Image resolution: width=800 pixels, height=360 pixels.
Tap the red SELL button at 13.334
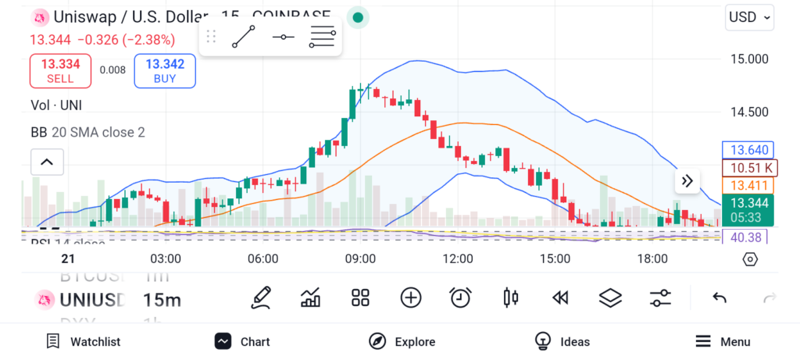(60, 70)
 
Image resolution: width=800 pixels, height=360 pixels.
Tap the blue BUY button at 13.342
(165, 70)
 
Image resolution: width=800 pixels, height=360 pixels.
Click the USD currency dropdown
(749, 16)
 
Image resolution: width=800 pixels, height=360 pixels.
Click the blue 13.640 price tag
(749, 150)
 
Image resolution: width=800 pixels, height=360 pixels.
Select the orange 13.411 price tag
(749, 185)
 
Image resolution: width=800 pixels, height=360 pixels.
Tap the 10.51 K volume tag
(749, 167)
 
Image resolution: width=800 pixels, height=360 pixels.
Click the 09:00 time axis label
(360, 258)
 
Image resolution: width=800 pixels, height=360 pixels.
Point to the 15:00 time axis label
(555, 258)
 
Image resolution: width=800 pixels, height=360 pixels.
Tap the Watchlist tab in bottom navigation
(84, 341)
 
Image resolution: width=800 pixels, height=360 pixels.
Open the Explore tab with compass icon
(402, 341)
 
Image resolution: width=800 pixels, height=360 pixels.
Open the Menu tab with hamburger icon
(723, 341)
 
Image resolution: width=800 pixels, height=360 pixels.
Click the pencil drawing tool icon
(262, 298)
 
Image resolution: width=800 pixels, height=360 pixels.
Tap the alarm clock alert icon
(460, 298)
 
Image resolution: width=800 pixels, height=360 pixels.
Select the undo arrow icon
(720, 298)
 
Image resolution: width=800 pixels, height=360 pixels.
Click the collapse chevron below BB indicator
(47, 162)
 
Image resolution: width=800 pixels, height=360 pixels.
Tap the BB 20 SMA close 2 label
(87, 133)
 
